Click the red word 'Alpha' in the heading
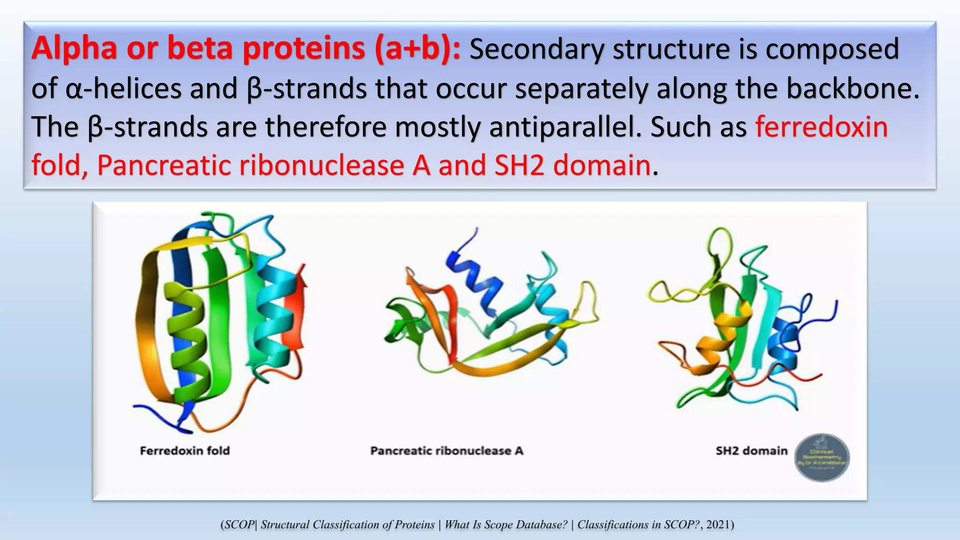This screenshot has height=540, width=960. click(x=74, y=49)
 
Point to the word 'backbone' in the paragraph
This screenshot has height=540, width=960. click(x=848, y=89)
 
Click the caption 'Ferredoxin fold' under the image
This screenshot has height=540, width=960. click(x=185, y=451)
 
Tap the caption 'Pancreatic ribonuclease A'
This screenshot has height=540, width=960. click(x=446, y=451)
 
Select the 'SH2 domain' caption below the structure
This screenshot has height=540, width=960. click(x=751, y=451)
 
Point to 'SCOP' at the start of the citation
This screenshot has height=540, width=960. click(x=239, y=525)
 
